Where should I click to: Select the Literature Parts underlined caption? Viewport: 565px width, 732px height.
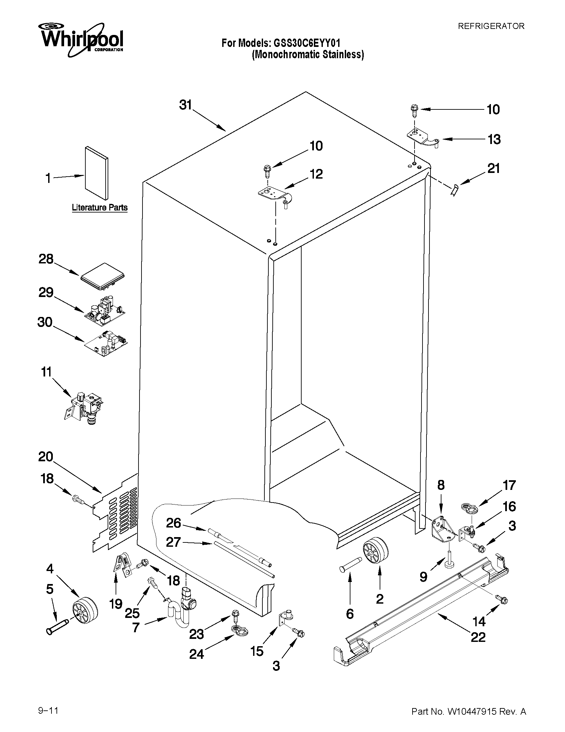[x=100, y=208]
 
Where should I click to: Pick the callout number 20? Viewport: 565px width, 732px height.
[x=46, y=457]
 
